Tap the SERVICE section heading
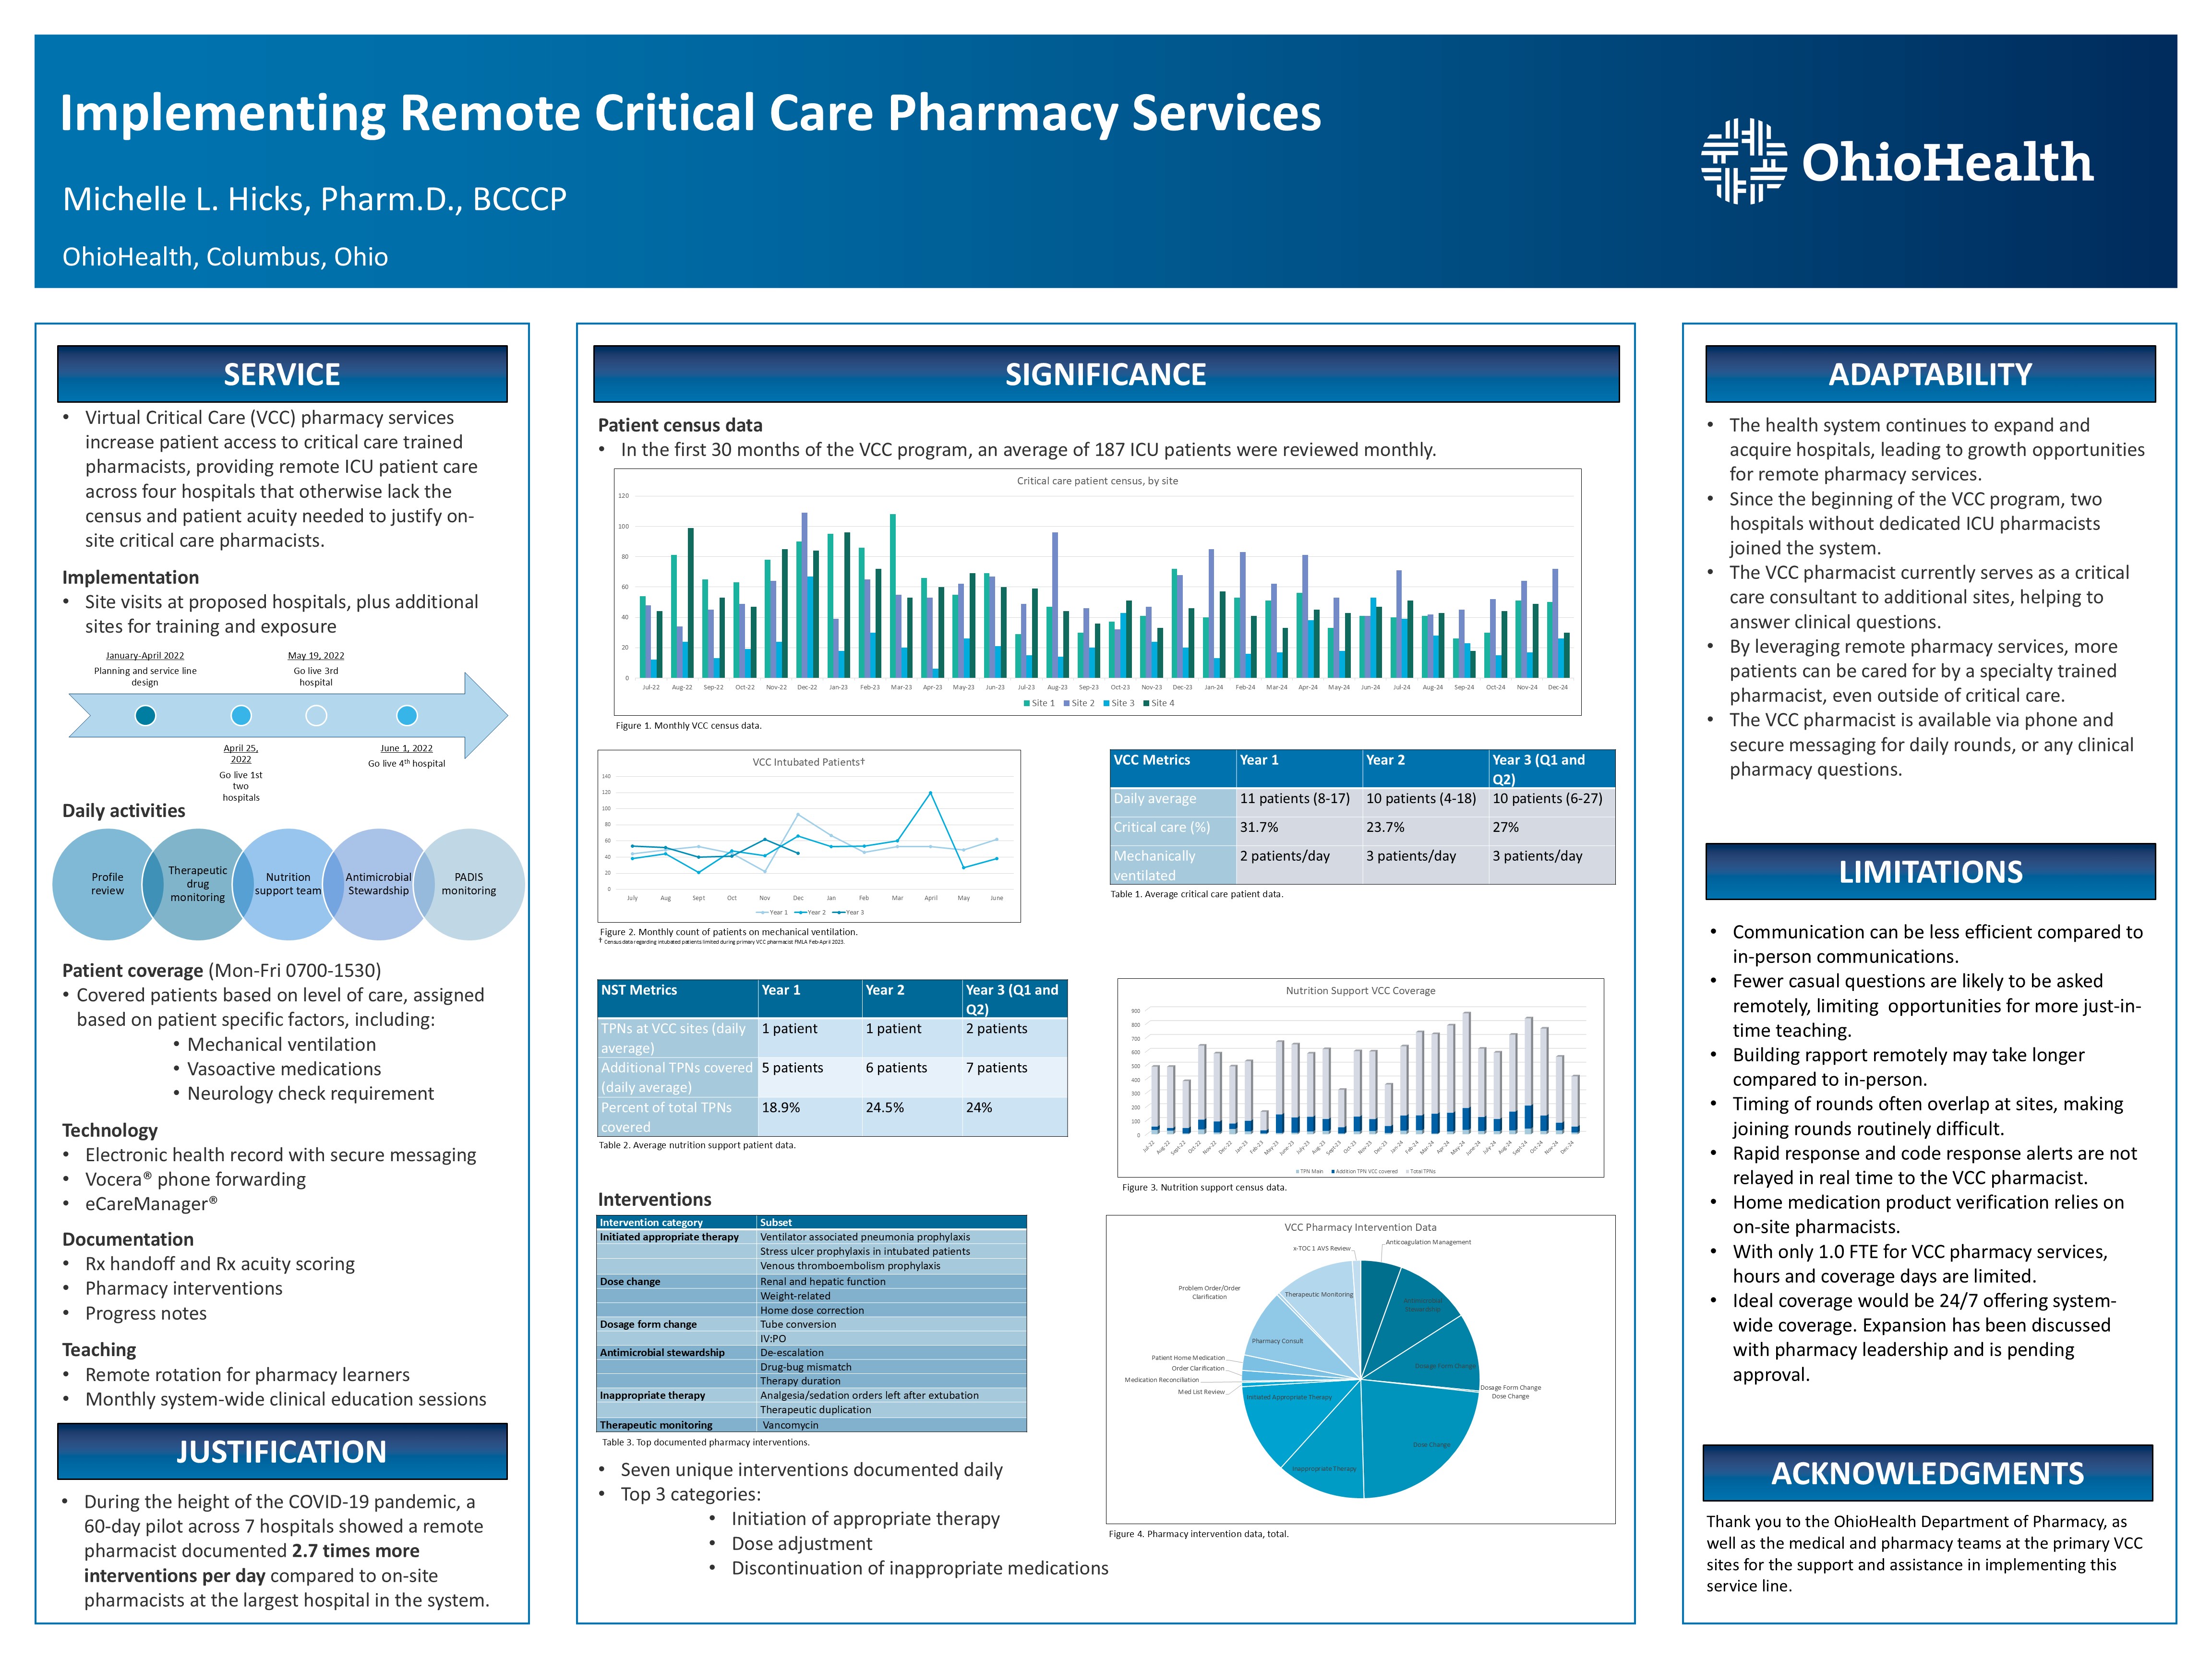coord(282,374)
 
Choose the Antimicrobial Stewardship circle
coord(378,884)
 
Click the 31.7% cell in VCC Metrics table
coord(1258,827)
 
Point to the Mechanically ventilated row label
coord(1155,865)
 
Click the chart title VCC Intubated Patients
coord(808,762)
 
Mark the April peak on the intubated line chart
coord(930,793)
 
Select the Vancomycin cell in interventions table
coord(790,1425)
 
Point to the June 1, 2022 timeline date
coord(406,748)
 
